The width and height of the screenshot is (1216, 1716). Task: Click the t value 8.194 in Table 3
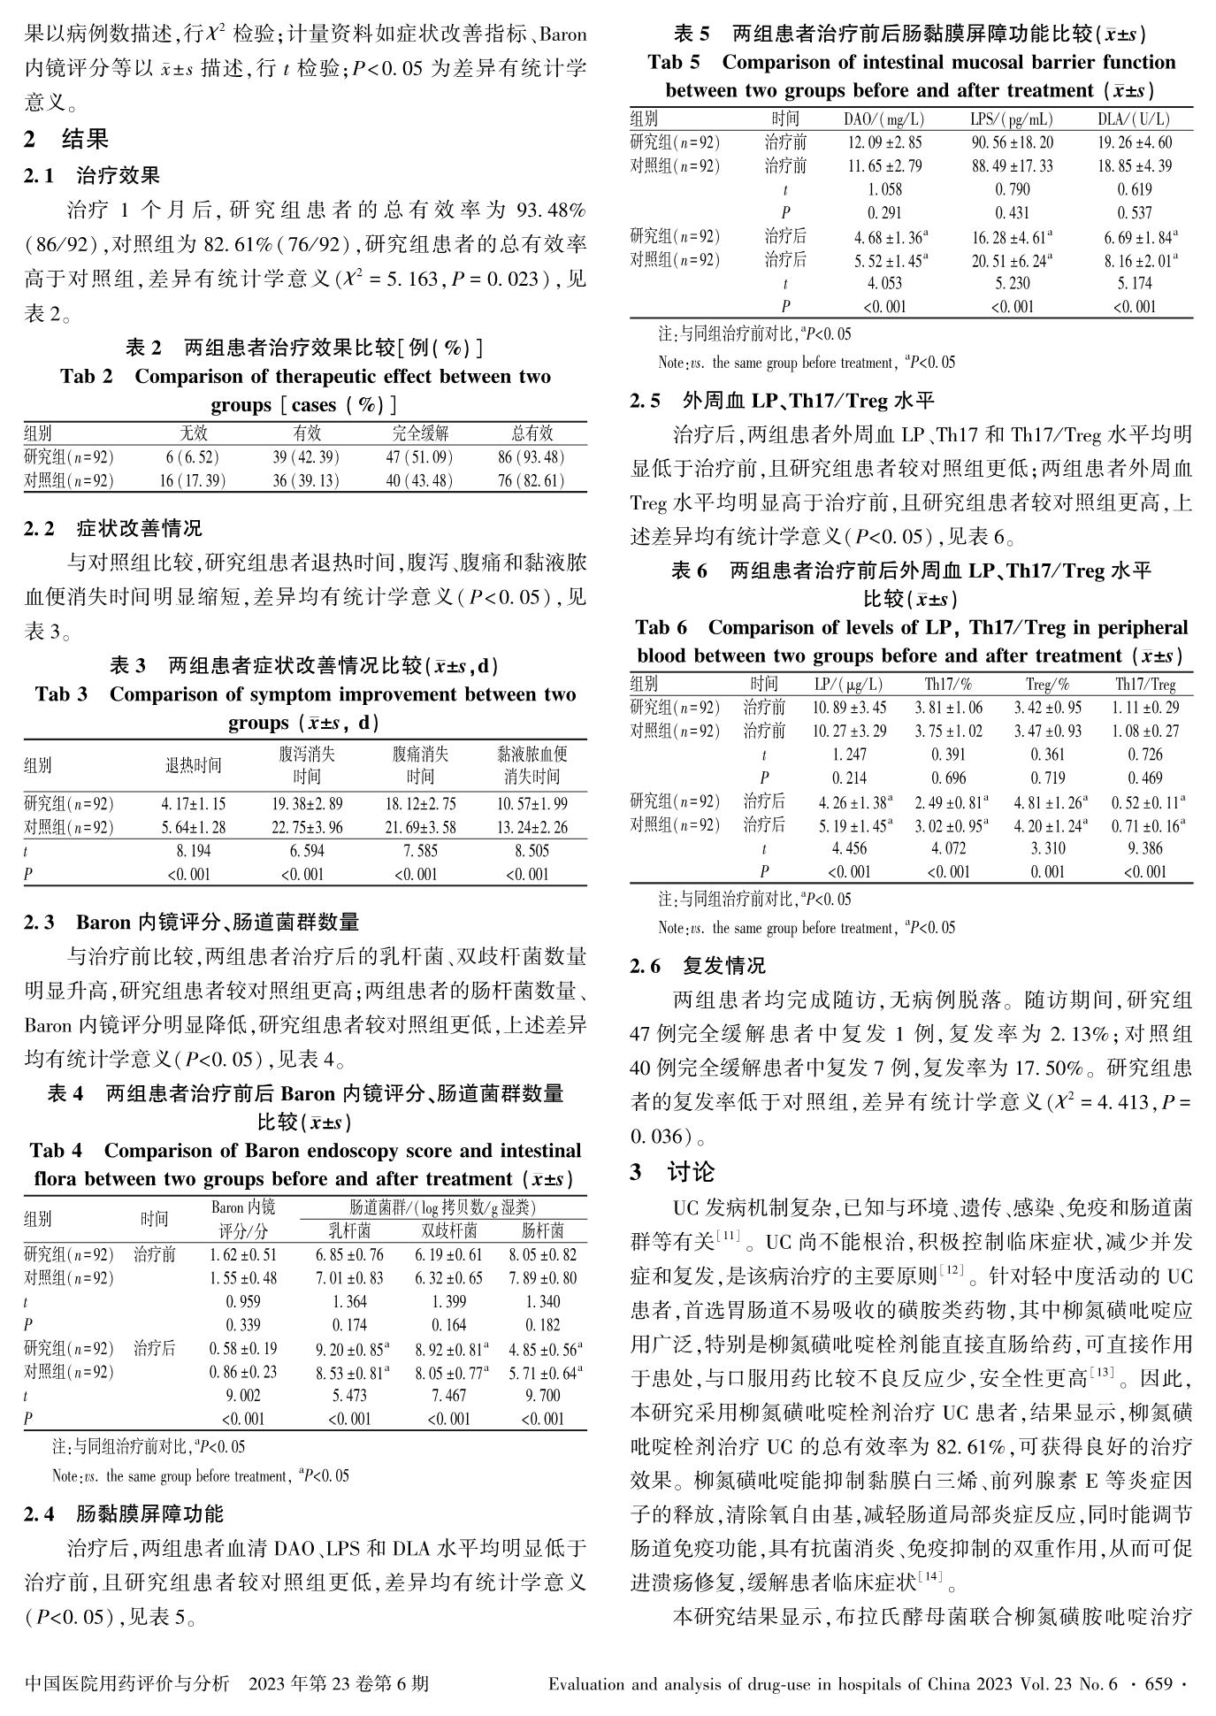[193, 851]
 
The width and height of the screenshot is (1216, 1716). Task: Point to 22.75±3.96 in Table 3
[307, 828]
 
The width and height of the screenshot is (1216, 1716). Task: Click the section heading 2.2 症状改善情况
[113, 528]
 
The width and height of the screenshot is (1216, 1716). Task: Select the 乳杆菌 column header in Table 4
[349, 1230]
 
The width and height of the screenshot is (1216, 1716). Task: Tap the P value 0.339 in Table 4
[243, 1325]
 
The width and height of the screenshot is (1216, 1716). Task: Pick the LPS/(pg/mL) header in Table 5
[1012, 119]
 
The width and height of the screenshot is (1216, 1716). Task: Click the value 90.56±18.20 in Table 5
[1012, 142]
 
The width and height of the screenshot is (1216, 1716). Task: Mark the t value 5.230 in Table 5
[1012, 283]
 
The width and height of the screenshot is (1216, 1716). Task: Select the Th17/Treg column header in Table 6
[1145, 684]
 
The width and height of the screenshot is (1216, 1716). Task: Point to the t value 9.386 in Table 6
[1145, 848]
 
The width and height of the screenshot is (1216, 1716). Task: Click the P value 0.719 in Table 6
[1048, 778]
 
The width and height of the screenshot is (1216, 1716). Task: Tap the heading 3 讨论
[672, 1172]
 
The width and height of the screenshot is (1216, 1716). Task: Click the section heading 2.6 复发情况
[698, 965]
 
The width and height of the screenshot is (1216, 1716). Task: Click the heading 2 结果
[66, 139]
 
